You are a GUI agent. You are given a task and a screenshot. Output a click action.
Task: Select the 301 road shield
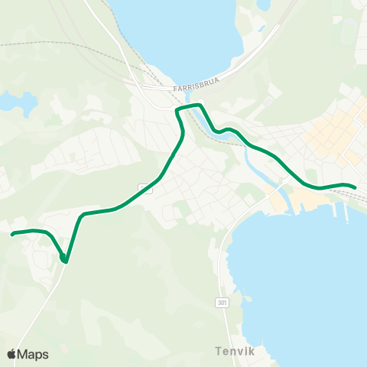click(x=221, y=303)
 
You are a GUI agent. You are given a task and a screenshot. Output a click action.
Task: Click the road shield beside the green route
click(x=143, y=188)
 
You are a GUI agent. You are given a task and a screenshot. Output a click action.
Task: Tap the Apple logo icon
click(x=11, y=354)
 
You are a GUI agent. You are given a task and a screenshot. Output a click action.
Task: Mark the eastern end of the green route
click(x=356, y=187)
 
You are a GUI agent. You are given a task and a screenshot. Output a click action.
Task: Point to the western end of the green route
click(x=13, y=234)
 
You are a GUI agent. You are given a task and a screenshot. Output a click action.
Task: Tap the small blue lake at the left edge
click(x=17, y=102)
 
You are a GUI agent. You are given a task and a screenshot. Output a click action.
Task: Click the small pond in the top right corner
click(x=263, y=5)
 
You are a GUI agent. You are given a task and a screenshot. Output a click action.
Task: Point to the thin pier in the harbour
click(x=346, y=213)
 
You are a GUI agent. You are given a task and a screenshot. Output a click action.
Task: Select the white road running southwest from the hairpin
click(x=38, y=306)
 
